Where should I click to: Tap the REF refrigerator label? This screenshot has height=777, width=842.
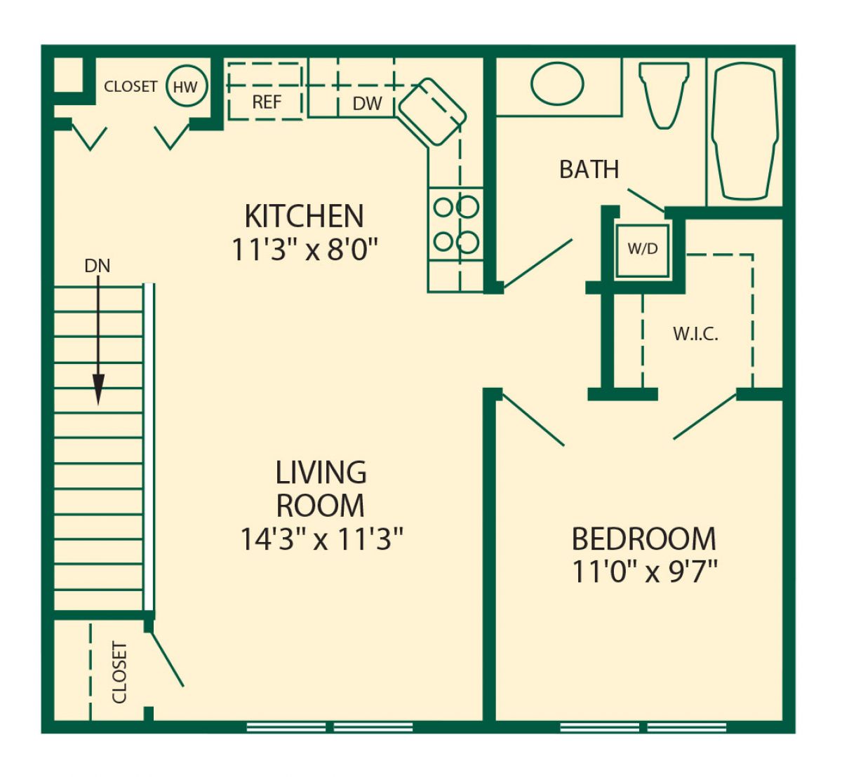(x=267, y=102)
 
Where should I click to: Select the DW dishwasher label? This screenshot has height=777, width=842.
(x=367, y=103)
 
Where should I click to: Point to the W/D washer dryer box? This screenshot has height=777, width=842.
(x=643, y=251)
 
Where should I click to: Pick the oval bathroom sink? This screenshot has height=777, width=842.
(x=557, y=84)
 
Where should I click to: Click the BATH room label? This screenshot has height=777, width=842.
(x=589, y=170)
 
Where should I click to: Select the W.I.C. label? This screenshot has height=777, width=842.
(x=695, y=335)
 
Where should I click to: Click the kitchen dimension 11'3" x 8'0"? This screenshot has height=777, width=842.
(x=305, y=249)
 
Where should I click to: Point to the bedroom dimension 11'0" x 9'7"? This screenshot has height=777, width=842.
(x=644, y=571)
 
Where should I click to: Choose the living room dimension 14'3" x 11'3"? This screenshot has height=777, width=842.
(x=321, y=539)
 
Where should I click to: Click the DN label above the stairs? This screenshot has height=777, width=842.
(x=97, y=266)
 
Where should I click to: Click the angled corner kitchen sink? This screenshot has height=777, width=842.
(x=432, y=112)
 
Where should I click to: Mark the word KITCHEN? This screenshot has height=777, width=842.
(x=305, y=216)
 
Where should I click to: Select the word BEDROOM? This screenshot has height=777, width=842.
(x=644, y=539)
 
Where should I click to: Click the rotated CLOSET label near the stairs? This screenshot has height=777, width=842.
(x=119, y=673)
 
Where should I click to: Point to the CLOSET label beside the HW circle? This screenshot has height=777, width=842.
(x=131, y=86)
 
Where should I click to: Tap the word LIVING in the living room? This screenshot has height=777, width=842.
(x=321, y=473)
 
